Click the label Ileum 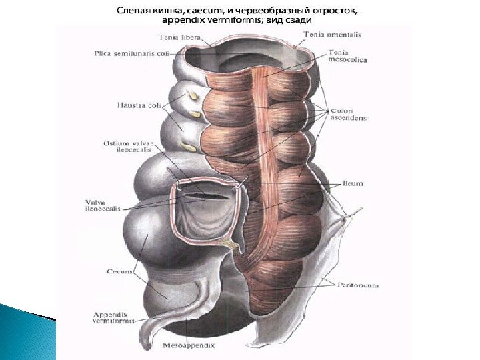tap(353, 183)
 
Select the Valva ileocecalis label tap(103, 205)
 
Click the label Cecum tap(120, 271)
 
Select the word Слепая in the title tap(135, 11)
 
